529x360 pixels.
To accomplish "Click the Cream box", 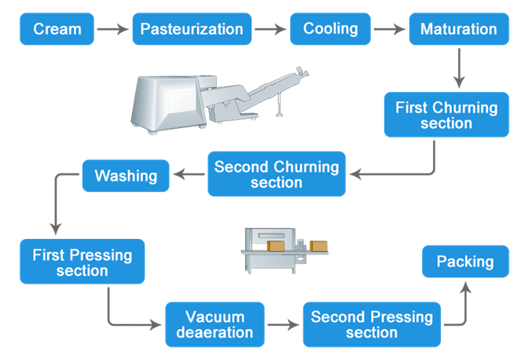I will point(57,29).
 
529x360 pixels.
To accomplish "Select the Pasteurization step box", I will point(192,29).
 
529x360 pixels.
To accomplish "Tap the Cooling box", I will point(330,29).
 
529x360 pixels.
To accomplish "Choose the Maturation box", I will point(458,29).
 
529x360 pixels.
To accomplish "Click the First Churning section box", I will point(446,115).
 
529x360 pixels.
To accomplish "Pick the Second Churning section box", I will point(277,174).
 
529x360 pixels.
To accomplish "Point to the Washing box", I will point(126,174).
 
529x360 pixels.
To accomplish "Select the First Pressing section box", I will point(83,262).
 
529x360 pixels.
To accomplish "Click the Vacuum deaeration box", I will point(215,324).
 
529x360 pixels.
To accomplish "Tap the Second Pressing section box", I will point(372,324).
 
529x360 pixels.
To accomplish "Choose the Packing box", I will point(465,261).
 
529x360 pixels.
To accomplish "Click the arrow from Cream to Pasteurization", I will point(112,30).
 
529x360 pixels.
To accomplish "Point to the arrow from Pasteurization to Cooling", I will point(271,30).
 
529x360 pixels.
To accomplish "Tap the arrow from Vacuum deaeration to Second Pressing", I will point(284,325).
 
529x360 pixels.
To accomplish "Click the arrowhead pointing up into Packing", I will point(465,288).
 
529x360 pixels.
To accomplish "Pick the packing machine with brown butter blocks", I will point(287,250).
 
